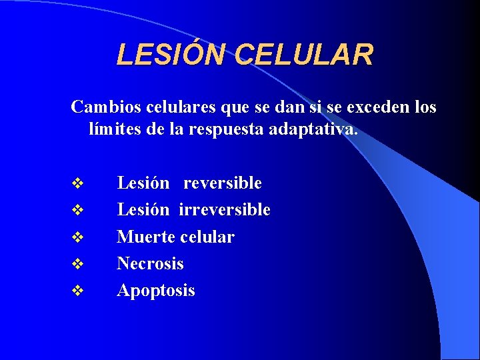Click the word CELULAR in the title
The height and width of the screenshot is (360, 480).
tap(305, 55)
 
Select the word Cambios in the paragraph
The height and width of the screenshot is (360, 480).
tap(101, 107)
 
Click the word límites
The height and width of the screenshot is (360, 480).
tap(113, 129)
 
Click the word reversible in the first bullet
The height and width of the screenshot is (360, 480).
tap(222, 183)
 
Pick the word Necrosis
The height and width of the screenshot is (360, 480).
tap(150, 263)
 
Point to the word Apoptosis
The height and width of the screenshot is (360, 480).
tap(156, 291)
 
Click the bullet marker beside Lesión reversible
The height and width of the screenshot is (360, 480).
tap(78, 183)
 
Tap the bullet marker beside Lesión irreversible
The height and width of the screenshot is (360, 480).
tap(78, 211)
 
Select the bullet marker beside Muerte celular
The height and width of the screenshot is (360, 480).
tap(78, 237)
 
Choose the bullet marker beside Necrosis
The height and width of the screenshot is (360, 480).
tap(78, 264)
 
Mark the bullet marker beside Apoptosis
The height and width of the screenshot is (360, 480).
tap(78, 291)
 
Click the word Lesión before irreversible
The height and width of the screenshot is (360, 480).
tap(143, 210)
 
